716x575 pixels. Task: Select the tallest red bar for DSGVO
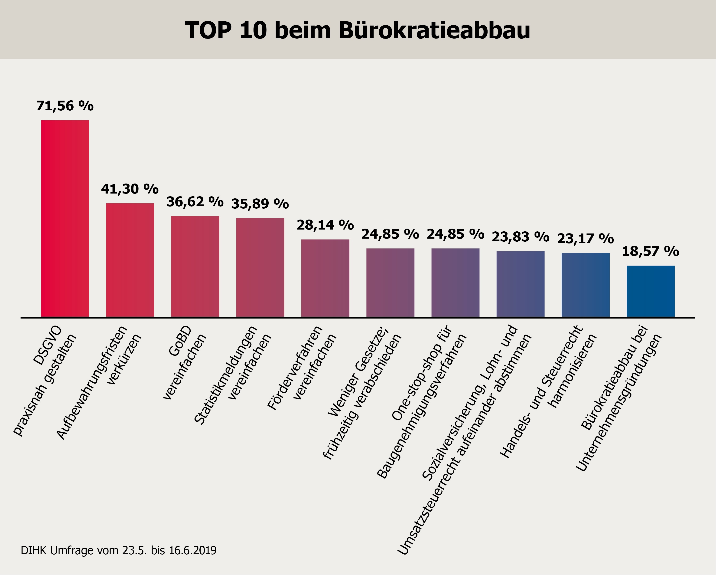[65, 218]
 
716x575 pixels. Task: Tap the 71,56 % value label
[65, 106]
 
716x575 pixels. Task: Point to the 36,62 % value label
[195, 202]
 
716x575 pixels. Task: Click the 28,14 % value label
[325, 225]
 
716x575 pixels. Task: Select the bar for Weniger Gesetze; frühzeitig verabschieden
[390, 283]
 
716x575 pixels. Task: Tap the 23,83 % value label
[520, 237]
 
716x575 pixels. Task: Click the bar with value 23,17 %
[586, 285]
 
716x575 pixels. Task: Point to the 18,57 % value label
[650, 251]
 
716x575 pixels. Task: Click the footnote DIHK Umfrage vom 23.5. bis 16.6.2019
[119, 550]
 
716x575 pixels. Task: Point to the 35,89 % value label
[260, 204]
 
